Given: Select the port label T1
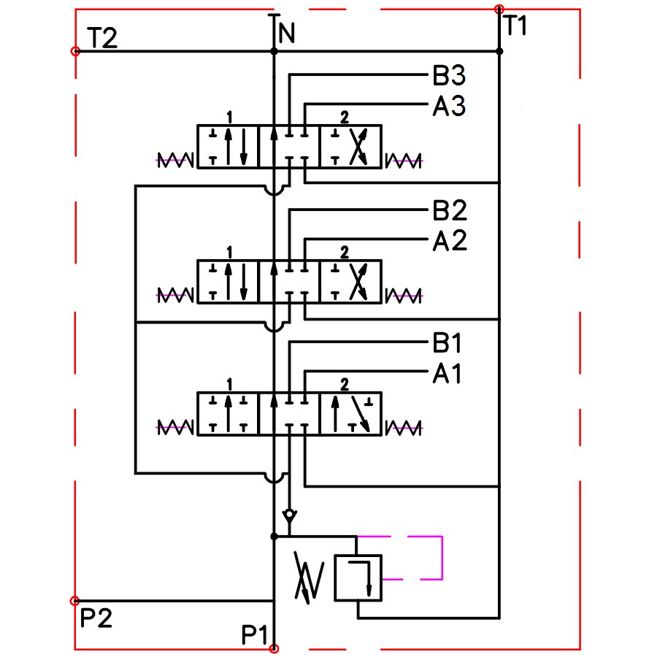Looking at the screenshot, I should [515, 26].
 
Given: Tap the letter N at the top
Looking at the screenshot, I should [287, 34].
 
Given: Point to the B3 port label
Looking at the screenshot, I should [449, 76].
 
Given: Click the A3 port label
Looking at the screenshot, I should [449, 107].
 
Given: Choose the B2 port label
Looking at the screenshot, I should [449, 211].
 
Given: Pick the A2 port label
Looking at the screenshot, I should [449, 241].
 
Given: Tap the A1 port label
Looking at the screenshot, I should [449, 375].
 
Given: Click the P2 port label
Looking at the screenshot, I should [96, 619].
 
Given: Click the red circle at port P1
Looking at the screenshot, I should [274, 648].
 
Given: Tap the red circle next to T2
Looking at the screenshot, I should [75, 52].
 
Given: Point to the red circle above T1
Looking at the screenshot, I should [499, 9].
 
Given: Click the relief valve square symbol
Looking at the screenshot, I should [358, 577].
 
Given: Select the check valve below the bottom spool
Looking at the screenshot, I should [290, 515].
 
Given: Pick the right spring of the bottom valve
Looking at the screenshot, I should [404, 426].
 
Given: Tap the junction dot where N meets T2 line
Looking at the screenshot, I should [274, 52].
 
